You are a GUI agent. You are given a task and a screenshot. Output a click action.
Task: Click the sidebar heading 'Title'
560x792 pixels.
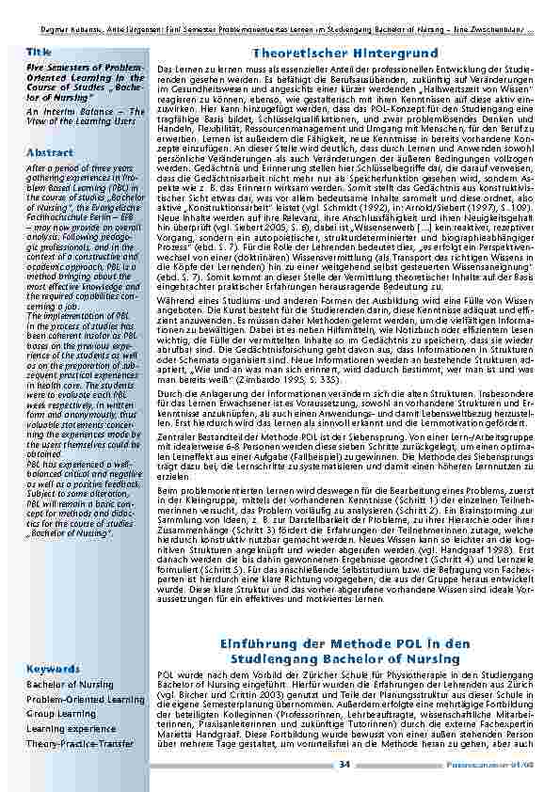click(x=40, y=52)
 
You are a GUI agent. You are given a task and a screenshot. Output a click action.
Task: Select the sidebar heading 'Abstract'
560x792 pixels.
click(x=50, y=151)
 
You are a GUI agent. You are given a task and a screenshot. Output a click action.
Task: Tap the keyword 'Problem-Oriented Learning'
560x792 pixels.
click(x=86, y=699)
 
